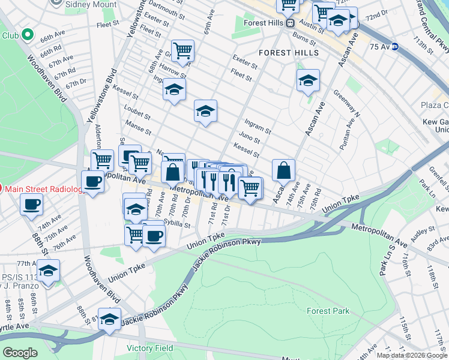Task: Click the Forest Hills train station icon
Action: tap(290, 23)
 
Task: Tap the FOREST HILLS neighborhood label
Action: tap(289, 53)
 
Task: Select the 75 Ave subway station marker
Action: tap(394, 46)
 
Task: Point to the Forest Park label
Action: tap(328, 311)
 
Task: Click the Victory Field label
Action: tap(149, 348)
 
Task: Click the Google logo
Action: tap(20, 353)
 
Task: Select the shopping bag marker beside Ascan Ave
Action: tap(284, 170)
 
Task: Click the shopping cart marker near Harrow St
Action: tap(182, 51)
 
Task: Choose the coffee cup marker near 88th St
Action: tap(31, 204)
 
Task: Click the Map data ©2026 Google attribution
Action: tap(412, 355)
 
